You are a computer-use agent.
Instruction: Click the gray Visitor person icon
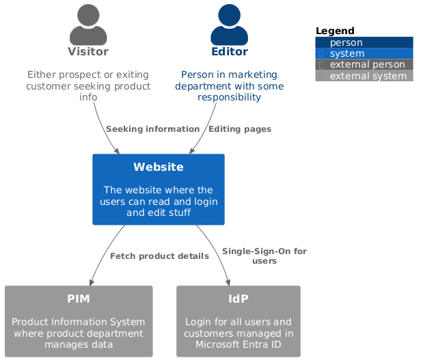[x=88, y=25]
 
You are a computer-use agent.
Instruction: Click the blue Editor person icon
[x=229, y=25]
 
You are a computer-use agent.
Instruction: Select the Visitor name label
[x=88, y=52]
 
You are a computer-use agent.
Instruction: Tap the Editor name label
[x=229, y=52]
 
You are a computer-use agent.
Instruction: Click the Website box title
[x=159, y=167]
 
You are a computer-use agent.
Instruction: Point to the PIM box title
[x=79, y=299]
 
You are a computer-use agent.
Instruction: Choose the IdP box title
[x=238, y=299]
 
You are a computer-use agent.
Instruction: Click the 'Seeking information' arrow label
[x=152, y=129]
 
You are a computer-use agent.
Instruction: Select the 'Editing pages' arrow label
[x=239, y=129]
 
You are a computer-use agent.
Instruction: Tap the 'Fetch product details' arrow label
[x=159, y=256]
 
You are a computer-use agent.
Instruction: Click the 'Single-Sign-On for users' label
[x=264, y=256]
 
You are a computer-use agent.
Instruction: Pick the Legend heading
[x=335, y=31]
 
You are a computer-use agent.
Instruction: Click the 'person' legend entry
[x=346, y=43]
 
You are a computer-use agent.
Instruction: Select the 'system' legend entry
[x=346, y=54]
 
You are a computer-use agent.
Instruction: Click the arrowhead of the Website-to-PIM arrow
[x=90, y=281]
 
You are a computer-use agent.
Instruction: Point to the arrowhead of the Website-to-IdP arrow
[x=229, y=281]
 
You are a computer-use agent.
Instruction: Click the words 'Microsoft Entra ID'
[x=238, y=344]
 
